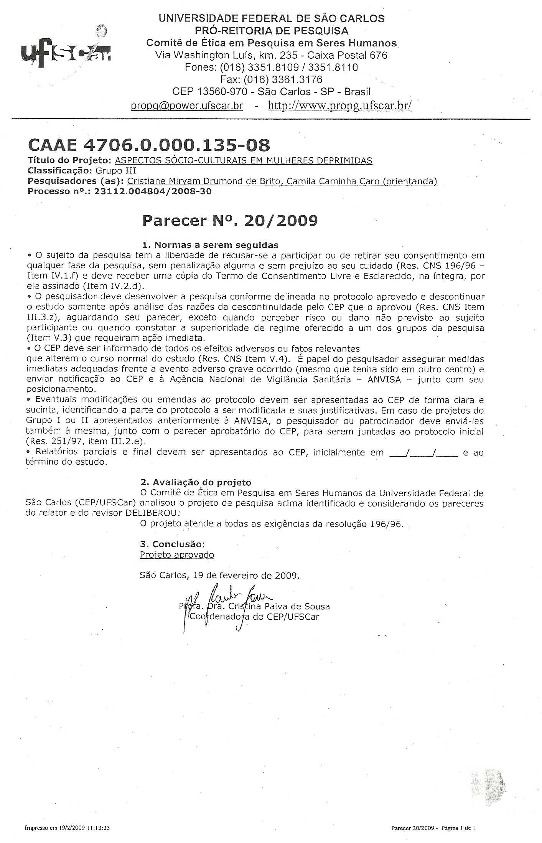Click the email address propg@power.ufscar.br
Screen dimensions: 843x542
(187, 106)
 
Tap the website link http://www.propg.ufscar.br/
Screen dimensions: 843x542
(339, 106)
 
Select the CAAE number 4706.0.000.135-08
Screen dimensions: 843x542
(149, 145)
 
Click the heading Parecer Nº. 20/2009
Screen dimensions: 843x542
(230, 220)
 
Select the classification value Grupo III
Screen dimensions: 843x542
(115, 170)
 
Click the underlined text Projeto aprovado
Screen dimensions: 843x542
(177, 555)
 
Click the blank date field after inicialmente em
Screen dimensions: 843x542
(423, 453)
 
